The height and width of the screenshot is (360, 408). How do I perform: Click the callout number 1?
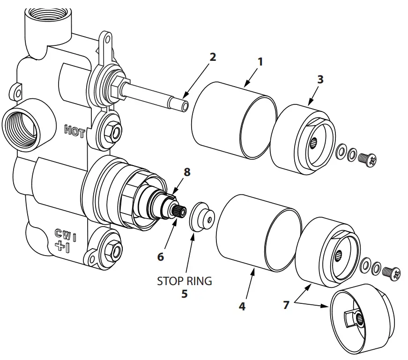(260, 61)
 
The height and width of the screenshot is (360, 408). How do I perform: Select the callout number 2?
(213, 57)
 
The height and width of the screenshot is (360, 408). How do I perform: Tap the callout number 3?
(320, 79)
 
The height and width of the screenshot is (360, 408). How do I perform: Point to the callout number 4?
(242, 307)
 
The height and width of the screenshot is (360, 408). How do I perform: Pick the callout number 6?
(161, 257)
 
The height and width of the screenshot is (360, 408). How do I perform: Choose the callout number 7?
(287, 305)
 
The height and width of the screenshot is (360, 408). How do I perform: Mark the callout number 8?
(187, 172)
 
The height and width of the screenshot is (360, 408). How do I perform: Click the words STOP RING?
(184, 281)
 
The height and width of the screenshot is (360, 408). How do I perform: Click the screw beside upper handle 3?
(368, 160)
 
